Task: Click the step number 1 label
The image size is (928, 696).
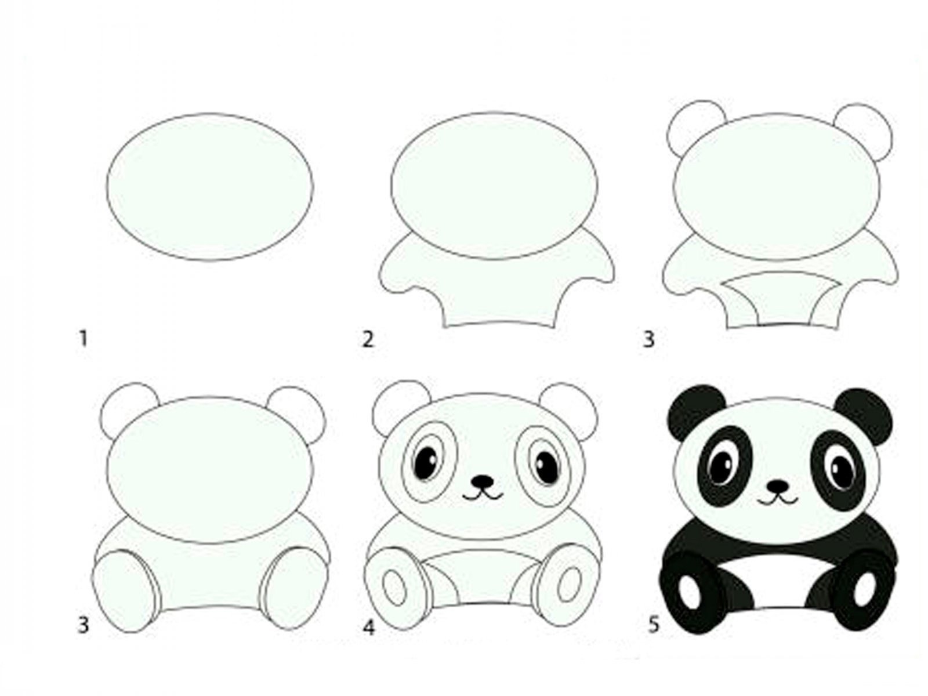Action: (x=84, y=339)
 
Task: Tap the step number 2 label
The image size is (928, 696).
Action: (x=368, y=339)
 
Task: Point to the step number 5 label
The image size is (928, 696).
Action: (x=654, y=625)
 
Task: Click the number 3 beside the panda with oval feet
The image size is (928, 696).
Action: (x=83, y=625)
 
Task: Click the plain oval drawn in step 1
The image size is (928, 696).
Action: (x=210, y=186)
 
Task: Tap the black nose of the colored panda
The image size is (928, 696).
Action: (x=778, y=485)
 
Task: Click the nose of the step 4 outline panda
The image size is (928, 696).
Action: (x=483, y=481)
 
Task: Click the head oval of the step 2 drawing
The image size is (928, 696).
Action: (x=494, y=186)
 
